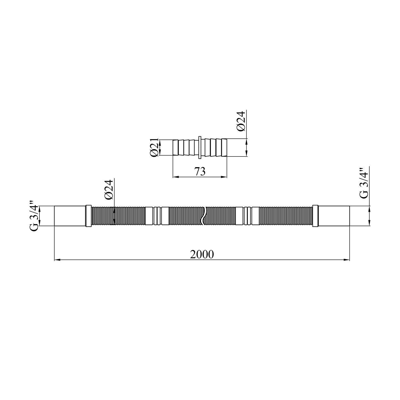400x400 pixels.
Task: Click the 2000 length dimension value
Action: tap(202, 254)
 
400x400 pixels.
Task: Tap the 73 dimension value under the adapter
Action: tap(200, 172)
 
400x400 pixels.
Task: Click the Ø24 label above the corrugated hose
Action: tap(109, 190)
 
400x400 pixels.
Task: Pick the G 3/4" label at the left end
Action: tap(35, 216)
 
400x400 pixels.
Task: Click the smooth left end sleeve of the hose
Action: tap(70, 216)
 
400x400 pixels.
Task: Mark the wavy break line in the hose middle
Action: tap(203, 216)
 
